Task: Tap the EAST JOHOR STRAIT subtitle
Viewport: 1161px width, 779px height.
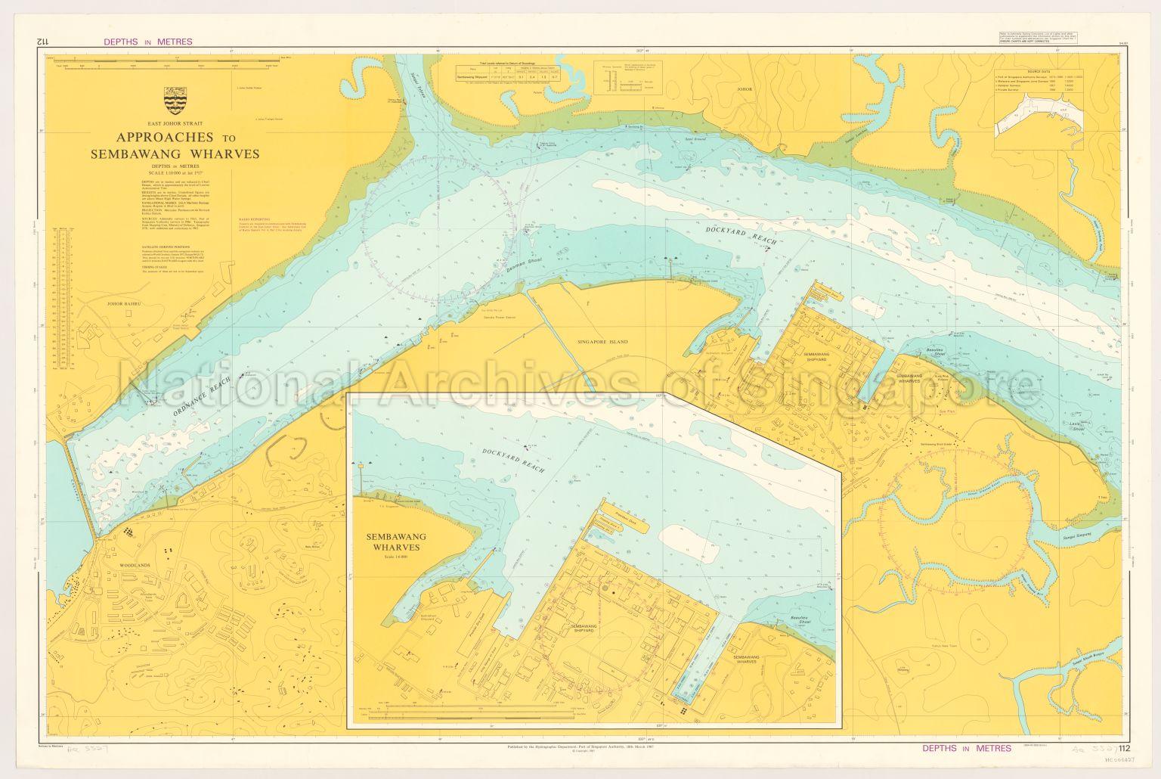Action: point(175,123)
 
